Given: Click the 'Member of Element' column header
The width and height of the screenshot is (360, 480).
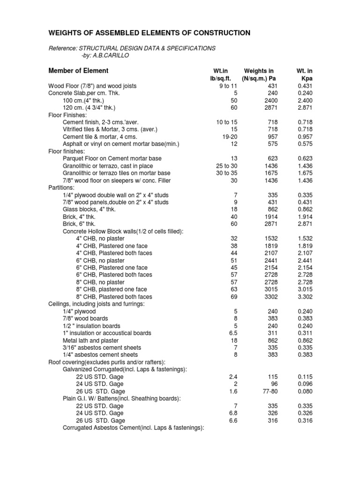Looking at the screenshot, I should [78, 71].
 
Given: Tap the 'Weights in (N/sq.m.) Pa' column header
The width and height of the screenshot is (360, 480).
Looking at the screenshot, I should [258, 75].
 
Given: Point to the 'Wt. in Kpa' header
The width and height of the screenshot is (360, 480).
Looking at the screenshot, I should [304, 75].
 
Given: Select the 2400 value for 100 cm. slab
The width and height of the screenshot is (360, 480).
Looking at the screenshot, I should [271, 100].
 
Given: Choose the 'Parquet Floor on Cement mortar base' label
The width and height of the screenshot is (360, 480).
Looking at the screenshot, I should [112, 158].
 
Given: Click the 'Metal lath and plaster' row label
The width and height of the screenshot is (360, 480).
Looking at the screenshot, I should [90, 340].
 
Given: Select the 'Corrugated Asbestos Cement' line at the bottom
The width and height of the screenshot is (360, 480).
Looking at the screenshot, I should [133, 427].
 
